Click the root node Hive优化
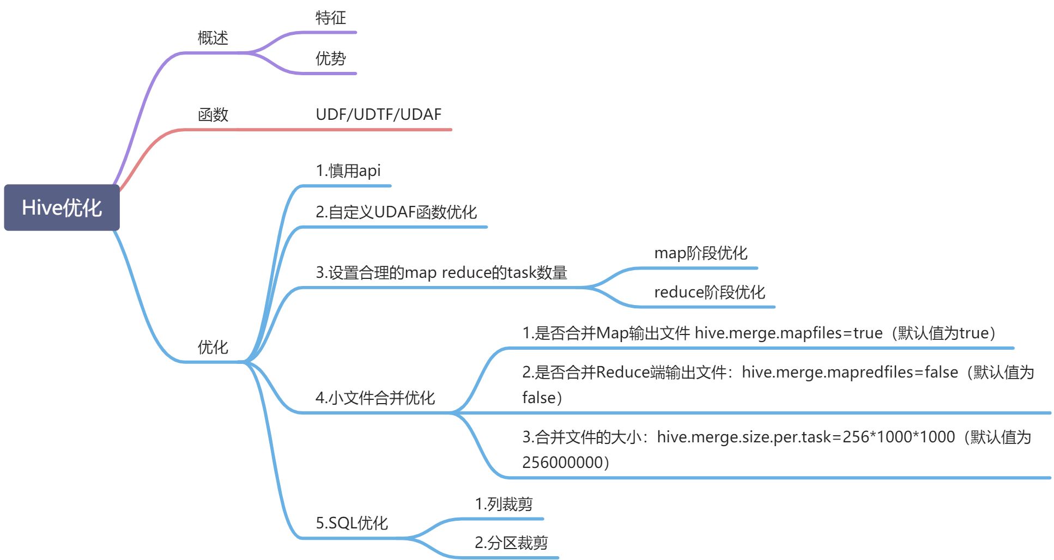62,208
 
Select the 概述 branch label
213,38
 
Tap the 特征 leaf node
330,18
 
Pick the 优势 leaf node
330,59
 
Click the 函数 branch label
213,115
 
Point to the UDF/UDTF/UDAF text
378,115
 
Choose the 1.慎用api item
348,171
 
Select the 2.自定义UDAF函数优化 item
396,212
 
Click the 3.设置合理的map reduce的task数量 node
441,273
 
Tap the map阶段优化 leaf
700,253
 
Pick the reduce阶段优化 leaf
709,293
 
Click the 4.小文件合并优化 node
375,398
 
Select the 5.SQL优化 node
352,524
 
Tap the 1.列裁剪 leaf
504,504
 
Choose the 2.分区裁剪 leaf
511,543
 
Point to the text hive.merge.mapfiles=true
788,333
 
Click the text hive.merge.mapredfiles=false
850,373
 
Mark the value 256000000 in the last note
562,462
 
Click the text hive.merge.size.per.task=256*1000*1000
805,437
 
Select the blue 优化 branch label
213,348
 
